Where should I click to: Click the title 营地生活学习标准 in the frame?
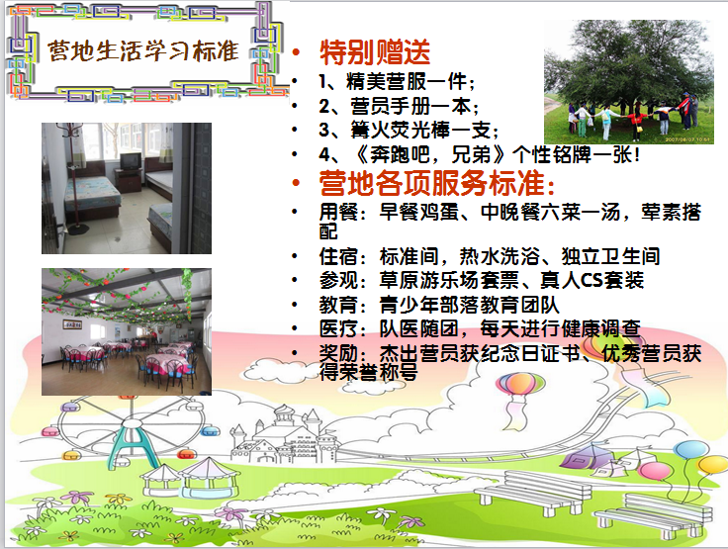pyautogui.click(x=143, y=50)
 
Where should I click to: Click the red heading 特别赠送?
pyautogui.click(x=375, y=51)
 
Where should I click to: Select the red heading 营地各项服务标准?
pyautogui.click(x=436, y=183)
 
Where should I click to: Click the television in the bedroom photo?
pyautogui.click(x=131, y=161)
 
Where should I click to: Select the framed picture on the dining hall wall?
pyautogui.click(x=72, y=324)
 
